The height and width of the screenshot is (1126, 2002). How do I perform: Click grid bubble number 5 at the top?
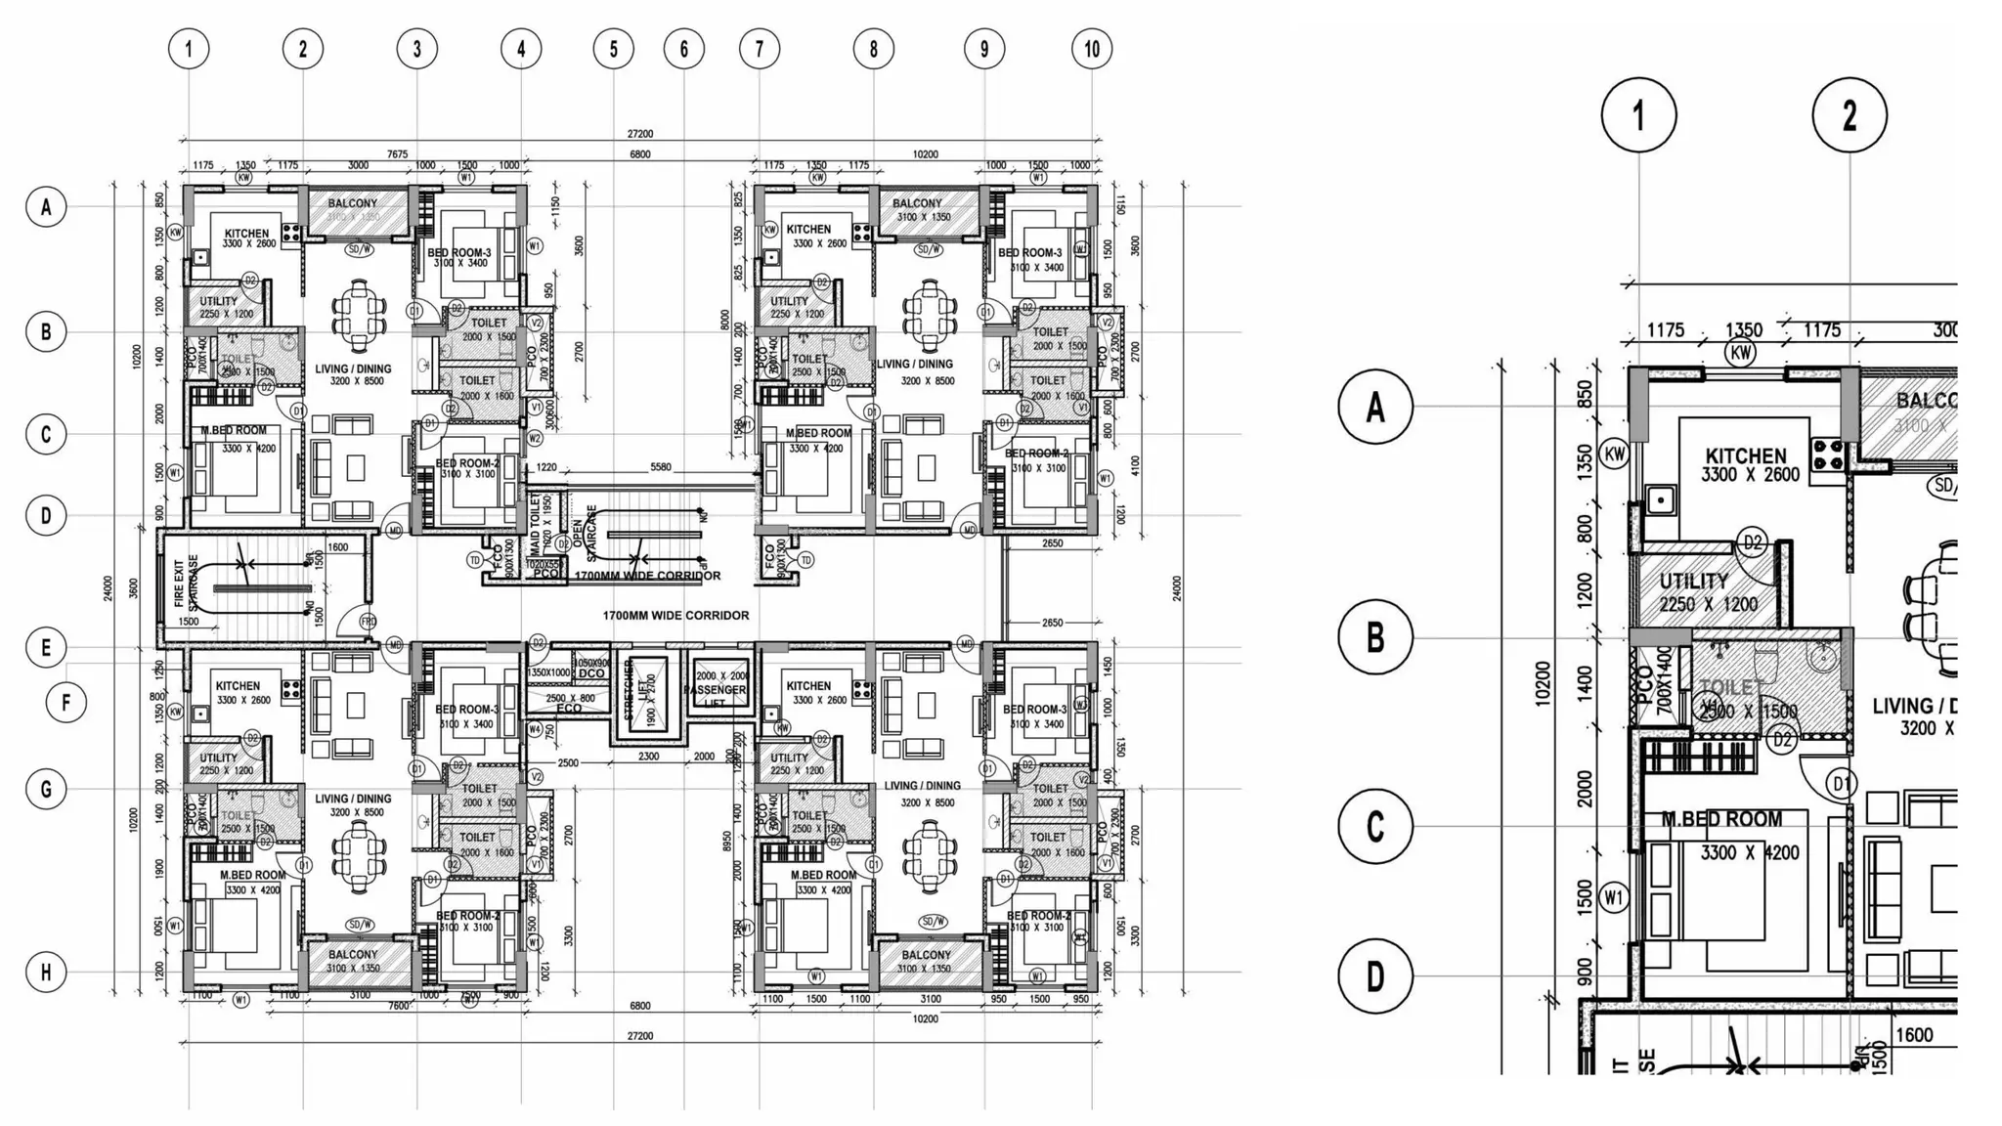(613, 49)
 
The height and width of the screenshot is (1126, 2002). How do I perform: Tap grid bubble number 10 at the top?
(1091, 49)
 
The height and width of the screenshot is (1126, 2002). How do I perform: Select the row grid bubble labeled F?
(66, 702)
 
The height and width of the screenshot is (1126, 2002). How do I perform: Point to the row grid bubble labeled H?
(46, 972)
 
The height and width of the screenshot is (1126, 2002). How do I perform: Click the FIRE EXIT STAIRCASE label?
(186, 584)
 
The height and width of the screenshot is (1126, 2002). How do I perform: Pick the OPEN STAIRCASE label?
(584, 533)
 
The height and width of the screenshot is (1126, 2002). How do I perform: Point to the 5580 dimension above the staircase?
(661, 467)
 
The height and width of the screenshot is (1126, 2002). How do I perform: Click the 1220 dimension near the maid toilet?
(545, 467)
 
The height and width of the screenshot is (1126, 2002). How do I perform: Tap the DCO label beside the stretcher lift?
(590, 673)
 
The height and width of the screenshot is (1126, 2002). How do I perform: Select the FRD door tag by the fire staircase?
(368, 622)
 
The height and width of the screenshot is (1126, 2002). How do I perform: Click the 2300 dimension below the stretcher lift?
(648, 757)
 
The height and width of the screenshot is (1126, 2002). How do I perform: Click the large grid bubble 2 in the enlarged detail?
(1849, 115)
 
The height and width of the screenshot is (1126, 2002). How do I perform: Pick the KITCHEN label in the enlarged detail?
(1745, 456)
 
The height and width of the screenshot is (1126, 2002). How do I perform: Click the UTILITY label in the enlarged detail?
(1693, 582)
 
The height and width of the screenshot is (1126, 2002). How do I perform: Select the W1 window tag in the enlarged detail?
(1614, 897)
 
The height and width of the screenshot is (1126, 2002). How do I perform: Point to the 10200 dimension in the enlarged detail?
(1542, 684)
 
